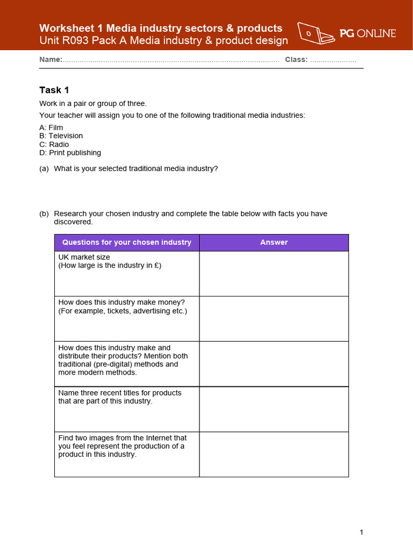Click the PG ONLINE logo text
(368, 33)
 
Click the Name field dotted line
(170, 60)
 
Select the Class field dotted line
(333, 60)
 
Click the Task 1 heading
(54, 90)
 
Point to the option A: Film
(51, 128)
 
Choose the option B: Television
(61, 136)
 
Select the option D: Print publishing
(70, 153)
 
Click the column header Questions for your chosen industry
(127, 243)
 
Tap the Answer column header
(274, 243)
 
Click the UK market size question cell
(127, 273)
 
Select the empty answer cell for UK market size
(274, 273)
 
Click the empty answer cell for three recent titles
(274, 409)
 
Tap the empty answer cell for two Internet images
(274, 454)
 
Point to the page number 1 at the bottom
(361, 533)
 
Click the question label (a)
(44, 169)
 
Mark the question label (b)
(44, 214)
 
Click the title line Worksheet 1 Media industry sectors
(161, 28)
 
